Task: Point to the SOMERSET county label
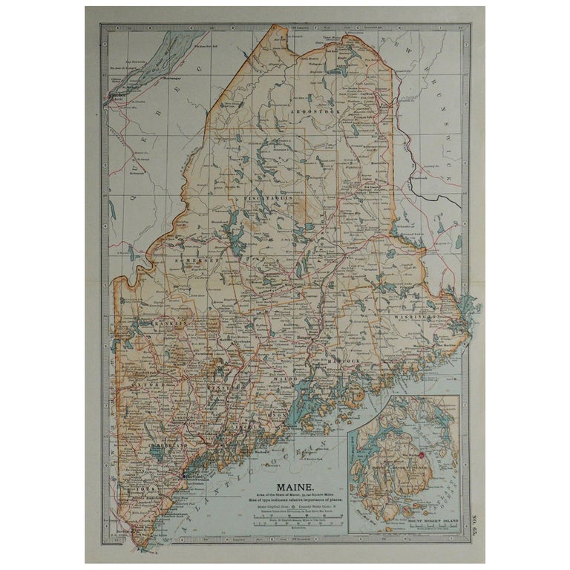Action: tap(194, 261)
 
